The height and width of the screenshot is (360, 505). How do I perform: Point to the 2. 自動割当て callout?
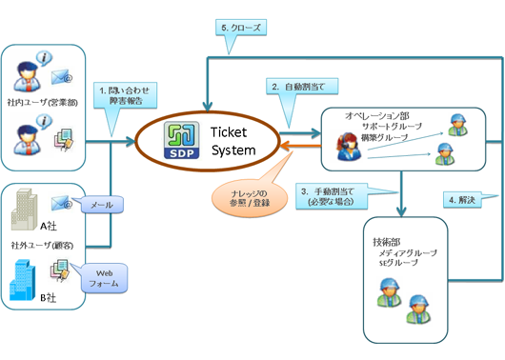(297, 88)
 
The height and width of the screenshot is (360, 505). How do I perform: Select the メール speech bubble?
(98, 203)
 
